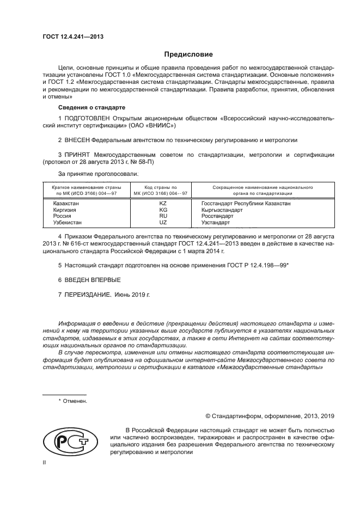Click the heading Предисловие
(188, 54)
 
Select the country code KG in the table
(162, 210)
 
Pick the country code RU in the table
(162, 216)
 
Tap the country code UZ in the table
(162, 223)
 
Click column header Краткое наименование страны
(82, 187)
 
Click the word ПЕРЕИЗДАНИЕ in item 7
(88, 294)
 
